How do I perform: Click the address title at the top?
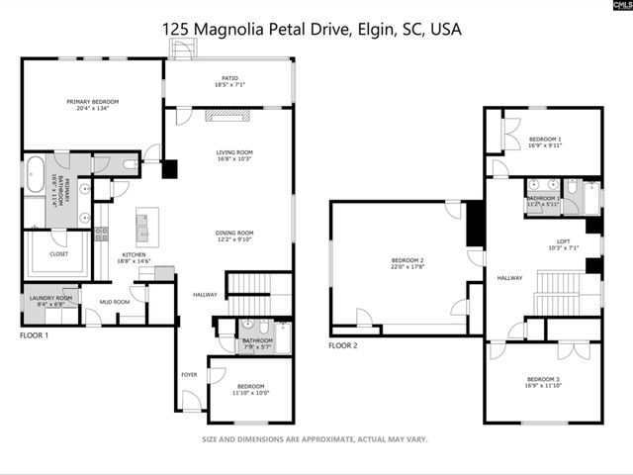(312, 30)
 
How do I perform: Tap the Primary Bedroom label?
(92, 101)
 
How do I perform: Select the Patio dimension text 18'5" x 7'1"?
(228, 86)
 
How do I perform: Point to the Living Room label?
(234, 152)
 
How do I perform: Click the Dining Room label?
(234, 233)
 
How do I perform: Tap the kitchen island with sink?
(144, 227)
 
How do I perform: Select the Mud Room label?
(114, 302)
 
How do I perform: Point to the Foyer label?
(188, 375)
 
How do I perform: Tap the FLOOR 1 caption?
(36, 335)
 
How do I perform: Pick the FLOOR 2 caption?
(343, 345)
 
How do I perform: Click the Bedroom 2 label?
(407, 261)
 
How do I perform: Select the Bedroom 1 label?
(545, 139)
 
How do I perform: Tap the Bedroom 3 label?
(544, 379)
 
